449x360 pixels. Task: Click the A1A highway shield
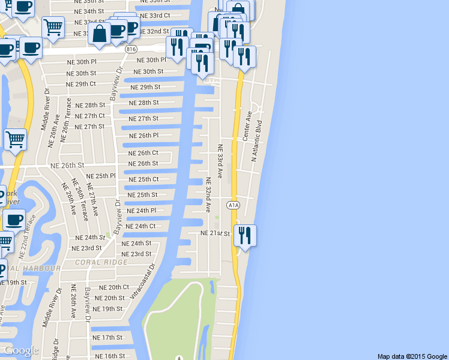(233, 205)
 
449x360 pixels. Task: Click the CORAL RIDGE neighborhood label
(101, 262)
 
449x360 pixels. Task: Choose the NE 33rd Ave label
(220, 161)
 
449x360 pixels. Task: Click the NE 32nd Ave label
(208, 195)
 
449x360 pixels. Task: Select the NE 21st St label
(215, 233)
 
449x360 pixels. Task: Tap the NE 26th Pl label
(143, 136)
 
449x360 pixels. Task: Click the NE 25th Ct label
(143, 179)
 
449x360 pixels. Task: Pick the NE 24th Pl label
(141, 211)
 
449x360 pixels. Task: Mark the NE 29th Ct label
(82, 84)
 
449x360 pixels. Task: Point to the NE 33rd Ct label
(154, 15)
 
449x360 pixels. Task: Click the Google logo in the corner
(21, 350)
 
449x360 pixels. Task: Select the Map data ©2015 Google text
(412, 356)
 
